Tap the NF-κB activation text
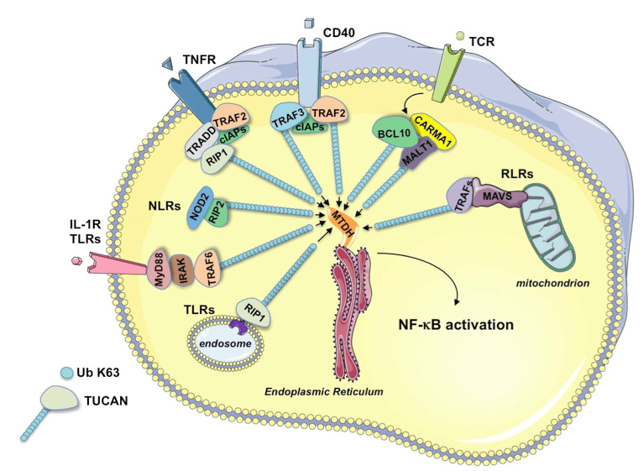(x=468, y=322)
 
